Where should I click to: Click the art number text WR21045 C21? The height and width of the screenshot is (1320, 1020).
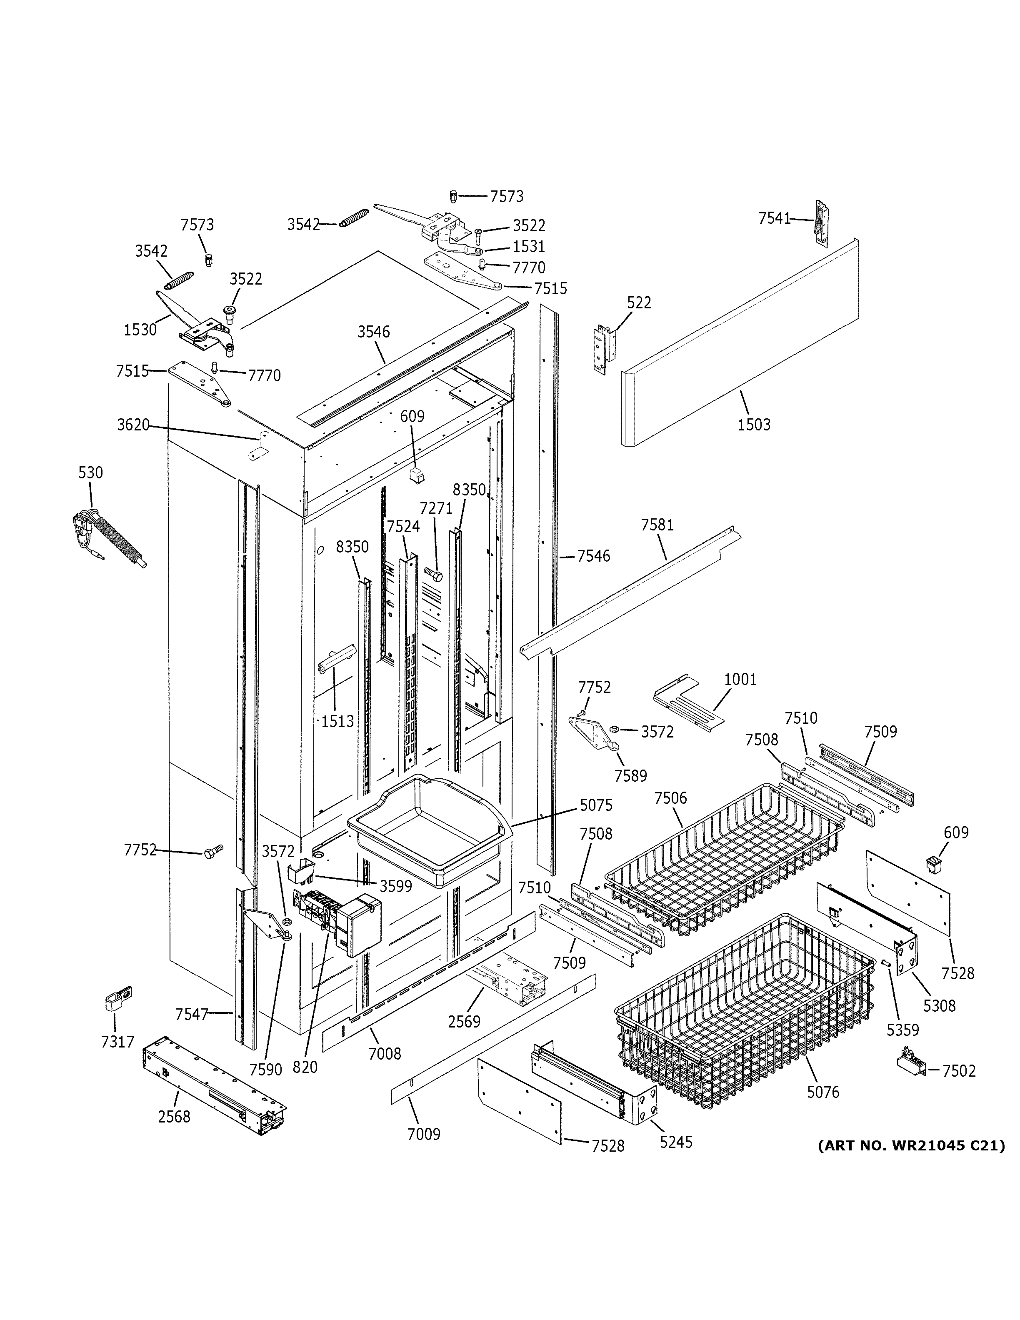(x=911, y=1145)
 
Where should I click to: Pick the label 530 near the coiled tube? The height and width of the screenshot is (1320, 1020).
(x=91, y=472)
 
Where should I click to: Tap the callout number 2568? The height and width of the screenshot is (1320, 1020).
(x=174, y=1116)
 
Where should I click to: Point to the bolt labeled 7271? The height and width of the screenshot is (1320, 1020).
(x=432, y=572)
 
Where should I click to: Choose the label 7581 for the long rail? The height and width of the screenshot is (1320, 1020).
(x=657, y=525)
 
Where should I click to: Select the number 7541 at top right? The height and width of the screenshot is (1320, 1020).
(x=775, y=218)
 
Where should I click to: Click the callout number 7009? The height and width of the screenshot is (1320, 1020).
(x=423, y=1134)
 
